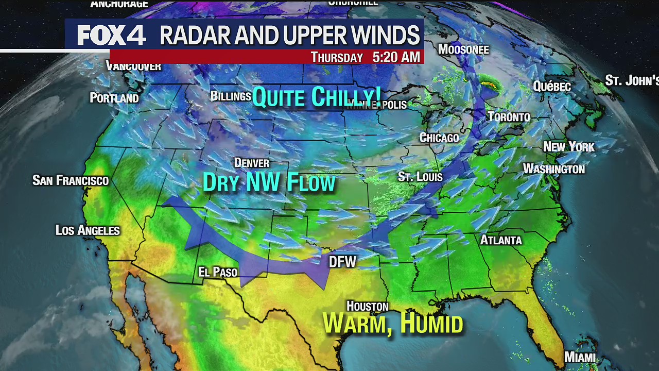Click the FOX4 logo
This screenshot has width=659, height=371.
tap(111, 36)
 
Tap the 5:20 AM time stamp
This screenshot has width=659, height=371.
tap(396, 57)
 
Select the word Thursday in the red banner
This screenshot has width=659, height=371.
tap(337, 57)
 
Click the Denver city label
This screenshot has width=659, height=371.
tap(252, 163)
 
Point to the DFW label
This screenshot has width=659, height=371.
tap(342, 262)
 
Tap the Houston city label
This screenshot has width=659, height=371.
tap(367, 307)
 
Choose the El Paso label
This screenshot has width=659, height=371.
tap(218, 272)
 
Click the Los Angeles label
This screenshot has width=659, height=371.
tap(88, 230)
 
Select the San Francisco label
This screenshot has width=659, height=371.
tap(71, 180)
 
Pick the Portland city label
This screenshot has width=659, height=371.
tap(114, 98)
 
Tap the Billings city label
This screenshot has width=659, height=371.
tap(231, 96)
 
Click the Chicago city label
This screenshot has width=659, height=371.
tap(439, 138)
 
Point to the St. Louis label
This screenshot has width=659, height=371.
tap(420, 177)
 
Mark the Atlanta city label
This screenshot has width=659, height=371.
tap(501, 240)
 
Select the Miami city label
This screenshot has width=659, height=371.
tap(580, 357)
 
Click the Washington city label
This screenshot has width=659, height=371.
tap(554, 169)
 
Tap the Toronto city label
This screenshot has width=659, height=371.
tap(509, 117)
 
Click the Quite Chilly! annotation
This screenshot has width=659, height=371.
tap(317, 97)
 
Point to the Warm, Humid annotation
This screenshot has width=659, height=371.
tap(393, 324)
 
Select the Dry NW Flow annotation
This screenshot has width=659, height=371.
tap(269, 183)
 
